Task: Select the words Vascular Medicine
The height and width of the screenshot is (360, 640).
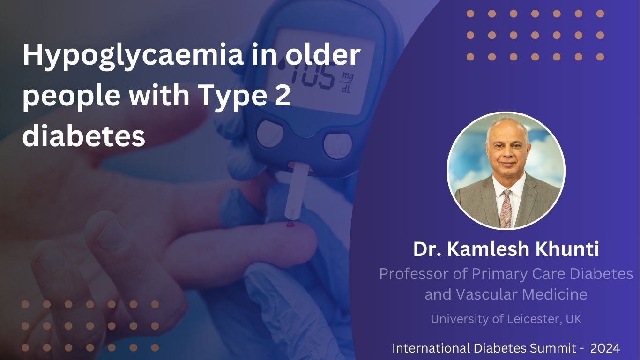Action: point(521,294)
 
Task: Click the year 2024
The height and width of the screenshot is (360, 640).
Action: point(605,348)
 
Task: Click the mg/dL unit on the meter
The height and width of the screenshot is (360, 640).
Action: point(347,83)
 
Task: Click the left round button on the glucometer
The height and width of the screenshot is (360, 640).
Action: point(270,134)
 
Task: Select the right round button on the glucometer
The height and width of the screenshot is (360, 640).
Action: point(337,146)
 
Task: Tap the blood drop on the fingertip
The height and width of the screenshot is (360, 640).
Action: point(290,225)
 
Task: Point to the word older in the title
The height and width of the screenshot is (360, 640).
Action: point(323,54)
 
